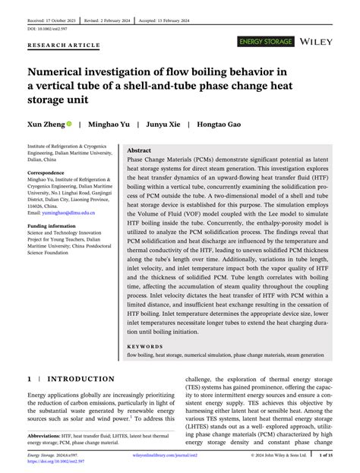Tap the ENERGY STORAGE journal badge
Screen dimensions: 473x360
265,41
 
